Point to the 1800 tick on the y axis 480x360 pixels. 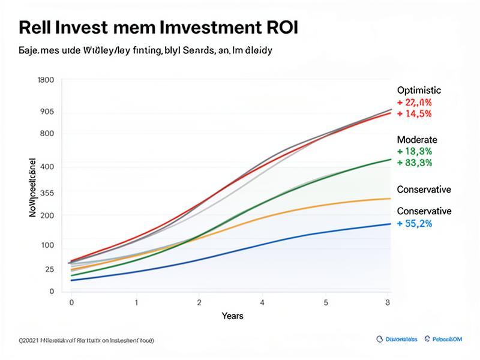(x=46, y=80)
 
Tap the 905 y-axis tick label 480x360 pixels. (x=47, y=112)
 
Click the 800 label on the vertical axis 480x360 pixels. (x=47, y=133)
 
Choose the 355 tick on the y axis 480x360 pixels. (x=47, y=193)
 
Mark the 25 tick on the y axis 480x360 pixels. (x=49, y=269)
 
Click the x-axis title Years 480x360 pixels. (x=232, y=316)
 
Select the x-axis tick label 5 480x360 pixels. (x=326, y=302)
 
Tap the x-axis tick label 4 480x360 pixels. (x=262, y=302)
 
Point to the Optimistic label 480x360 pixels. (x=419, y=90)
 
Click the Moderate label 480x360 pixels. (x=418, y=139)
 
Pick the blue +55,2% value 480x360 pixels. (x=415, y=223)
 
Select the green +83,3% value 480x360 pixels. (x=415, y=162)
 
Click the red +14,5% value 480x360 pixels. (x=415, y=113)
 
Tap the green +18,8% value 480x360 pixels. (x=415, y=151)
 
